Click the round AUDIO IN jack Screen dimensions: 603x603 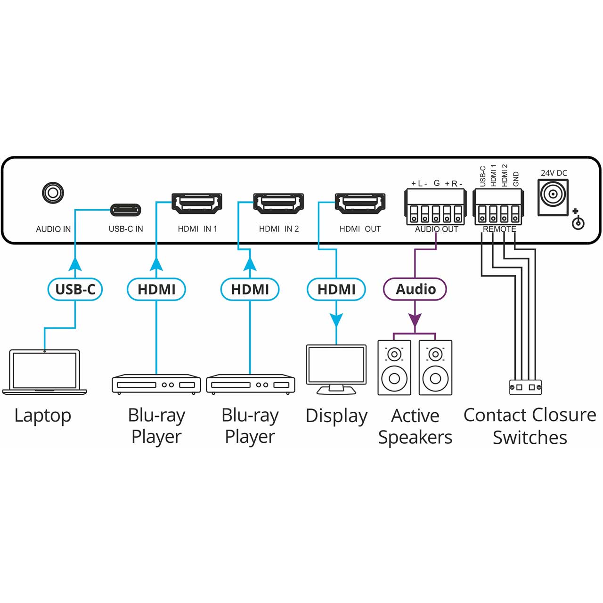coord(53,193)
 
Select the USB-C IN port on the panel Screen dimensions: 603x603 coord(125,210)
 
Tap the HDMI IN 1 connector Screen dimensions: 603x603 coord(197,204)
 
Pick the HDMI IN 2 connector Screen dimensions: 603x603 coord(278,204)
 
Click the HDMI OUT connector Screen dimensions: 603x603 coord(360,204)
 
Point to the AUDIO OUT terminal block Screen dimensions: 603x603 coord(436,207)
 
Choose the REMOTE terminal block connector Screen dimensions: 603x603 coord(498,207)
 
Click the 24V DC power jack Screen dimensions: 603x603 coord(554,195)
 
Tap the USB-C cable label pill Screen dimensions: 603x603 coord(75,289)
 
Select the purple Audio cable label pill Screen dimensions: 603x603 coord(415,289)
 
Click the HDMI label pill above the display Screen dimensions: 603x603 coord(336,289)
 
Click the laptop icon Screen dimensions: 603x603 coord(45,372)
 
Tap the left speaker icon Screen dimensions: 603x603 coord(394,368)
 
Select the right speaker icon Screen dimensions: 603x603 coord(435,368)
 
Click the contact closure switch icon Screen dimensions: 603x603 coord(525,387)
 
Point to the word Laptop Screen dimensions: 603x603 coord(42,416)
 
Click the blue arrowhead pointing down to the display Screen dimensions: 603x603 coord(336,320)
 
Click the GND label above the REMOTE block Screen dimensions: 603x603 coord(516,179)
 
